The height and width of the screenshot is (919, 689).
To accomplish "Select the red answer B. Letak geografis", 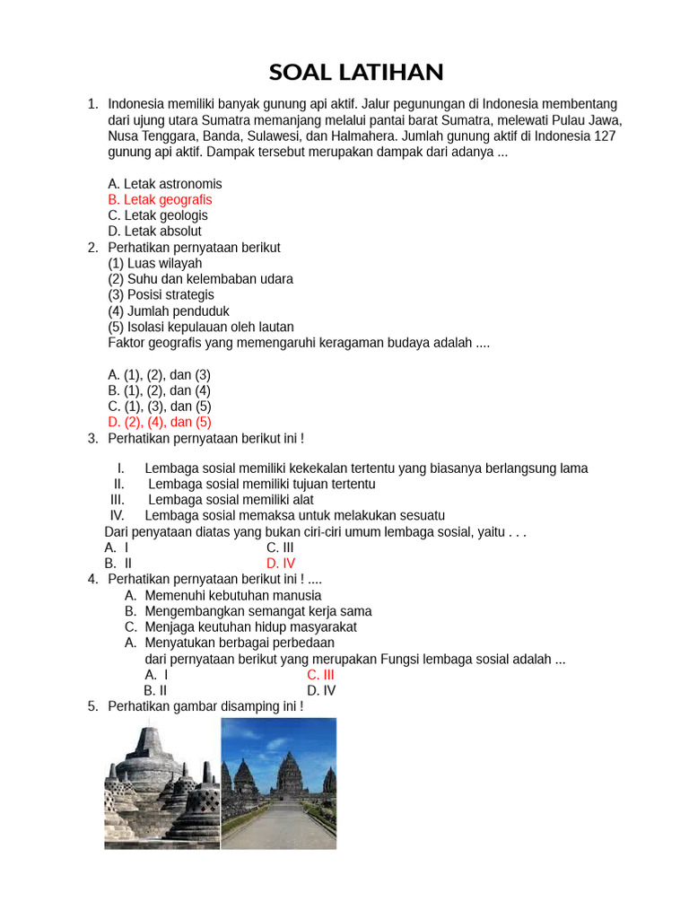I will click(x=160, y=199).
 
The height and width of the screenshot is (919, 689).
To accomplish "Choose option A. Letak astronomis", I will click(x=165, y=184).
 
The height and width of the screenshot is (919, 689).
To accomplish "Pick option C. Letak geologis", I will click(x=158, y=215).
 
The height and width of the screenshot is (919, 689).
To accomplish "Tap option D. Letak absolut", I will click(x=154, y=231).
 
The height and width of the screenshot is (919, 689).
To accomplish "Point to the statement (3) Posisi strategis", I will click(x=161, y=294).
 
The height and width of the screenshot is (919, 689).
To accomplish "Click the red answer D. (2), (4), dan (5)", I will click(x=160, y=422).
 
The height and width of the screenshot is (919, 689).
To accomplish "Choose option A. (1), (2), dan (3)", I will click(x=159, y=374).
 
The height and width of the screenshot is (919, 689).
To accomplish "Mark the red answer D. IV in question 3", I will click(x=281, y=564).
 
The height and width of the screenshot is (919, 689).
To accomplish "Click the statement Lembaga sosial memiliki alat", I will click(x=231, y=500).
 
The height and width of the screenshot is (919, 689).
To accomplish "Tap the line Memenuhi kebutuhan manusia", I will click(x=233, y=595).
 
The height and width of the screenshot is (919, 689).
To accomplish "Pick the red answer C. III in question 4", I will click(x=320, y=675).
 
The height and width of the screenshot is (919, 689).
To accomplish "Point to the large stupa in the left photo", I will click(x=148, y=758).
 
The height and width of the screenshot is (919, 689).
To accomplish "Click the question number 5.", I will click(x=92, y=707).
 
